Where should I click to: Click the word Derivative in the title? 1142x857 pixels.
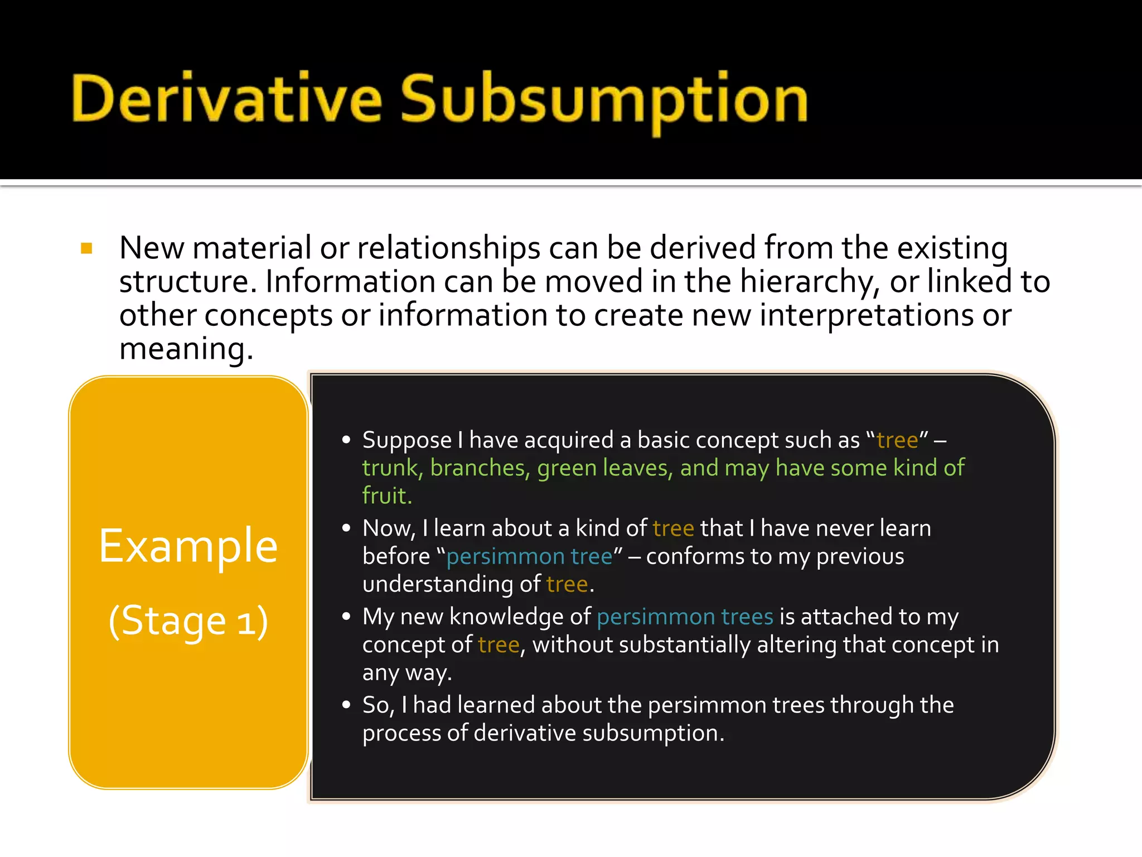coord(226,99)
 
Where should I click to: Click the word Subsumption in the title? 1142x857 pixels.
coord(604,100)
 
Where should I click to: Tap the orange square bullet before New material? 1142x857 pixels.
coord(86,248)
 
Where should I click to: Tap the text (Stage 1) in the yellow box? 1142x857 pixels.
coord(188,620)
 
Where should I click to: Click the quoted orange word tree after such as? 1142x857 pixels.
coord(897,440)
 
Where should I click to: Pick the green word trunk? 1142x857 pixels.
coord(390,468)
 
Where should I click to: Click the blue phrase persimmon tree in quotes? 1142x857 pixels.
coord(529,556)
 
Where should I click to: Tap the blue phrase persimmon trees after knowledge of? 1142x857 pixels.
coord(685,617)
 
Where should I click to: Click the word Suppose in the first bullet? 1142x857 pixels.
coord(407,440)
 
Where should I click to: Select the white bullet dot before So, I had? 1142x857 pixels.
coord(346,705)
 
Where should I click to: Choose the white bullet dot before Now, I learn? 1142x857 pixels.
coord(346,528)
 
